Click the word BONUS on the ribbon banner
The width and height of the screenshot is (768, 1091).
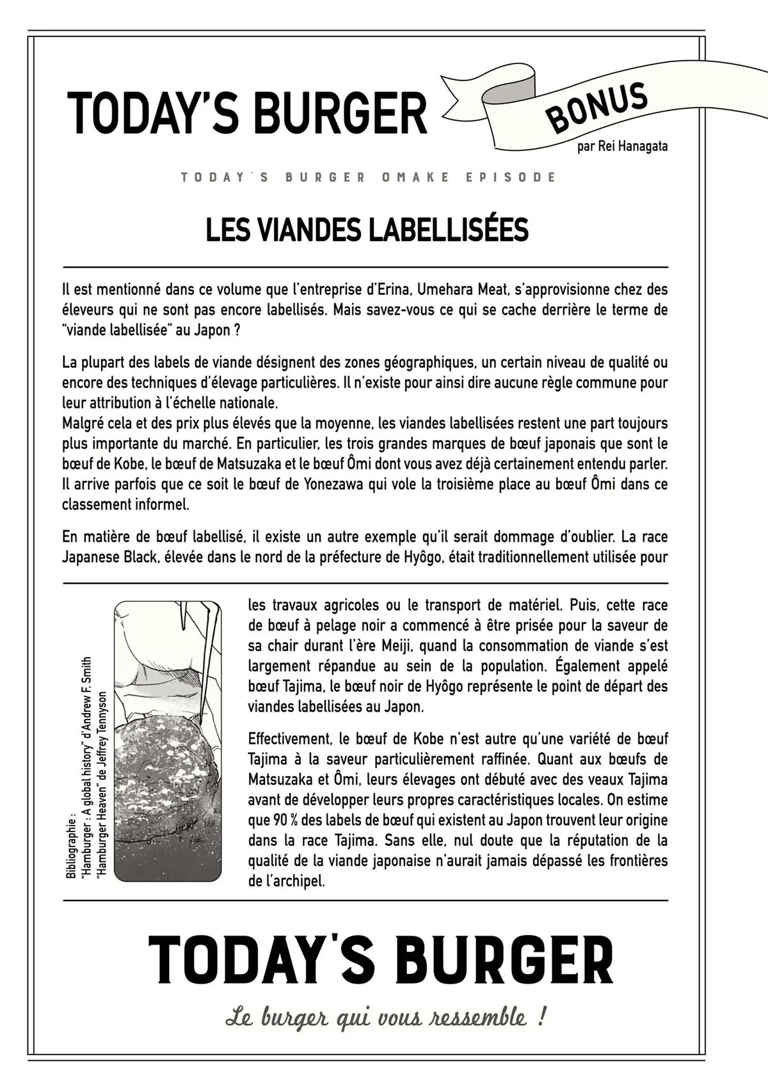596,107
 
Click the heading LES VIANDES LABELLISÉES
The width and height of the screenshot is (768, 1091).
367,230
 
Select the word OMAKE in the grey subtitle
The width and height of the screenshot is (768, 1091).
406,177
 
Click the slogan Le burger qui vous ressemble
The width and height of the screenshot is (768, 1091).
385,1017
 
